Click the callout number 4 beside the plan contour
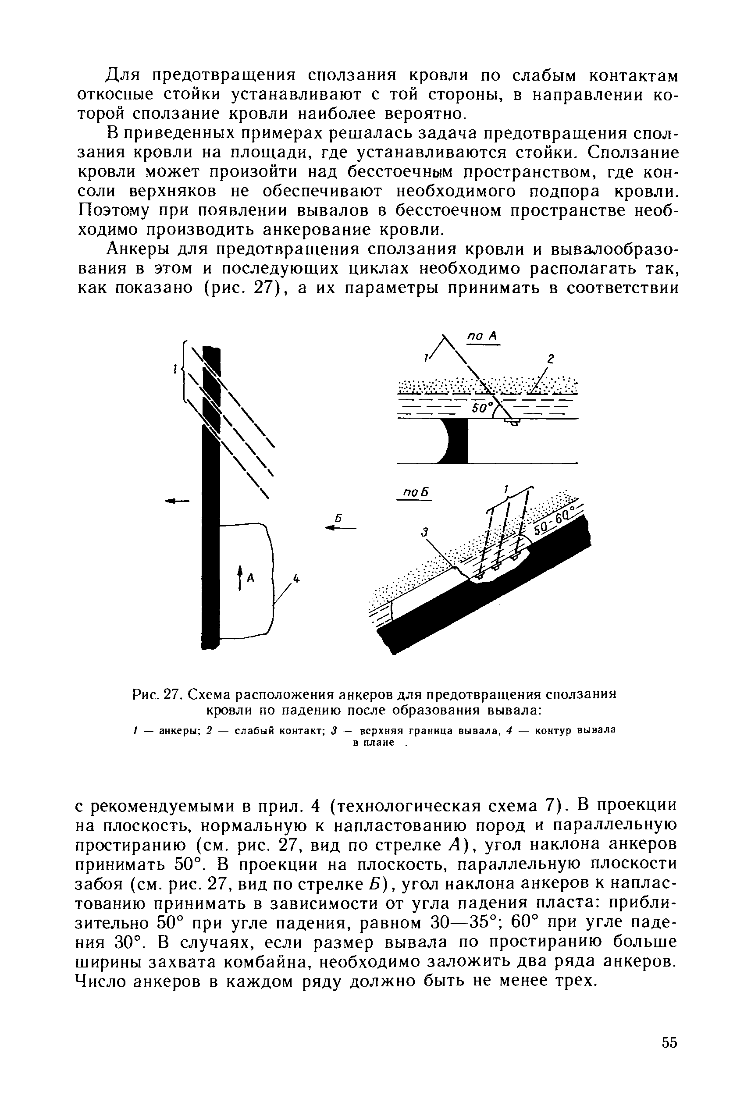tap(296, 579)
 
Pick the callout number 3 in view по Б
tap(424, 532)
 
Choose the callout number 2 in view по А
tap(550, 359)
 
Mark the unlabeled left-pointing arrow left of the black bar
tap(177, 501)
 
